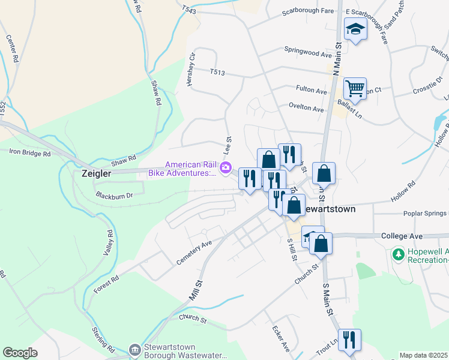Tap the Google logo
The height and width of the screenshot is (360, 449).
pos(20,353)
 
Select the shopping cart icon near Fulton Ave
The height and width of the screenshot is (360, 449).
pos(355,88)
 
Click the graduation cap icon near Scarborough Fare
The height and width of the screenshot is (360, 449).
pos(355,29)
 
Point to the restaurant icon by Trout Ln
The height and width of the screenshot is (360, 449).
pos(349,340)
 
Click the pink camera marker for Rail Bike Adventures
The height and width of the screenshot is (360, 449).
pos(226,168)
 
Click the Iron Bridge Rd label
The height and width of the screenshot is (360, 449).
pos(30,153)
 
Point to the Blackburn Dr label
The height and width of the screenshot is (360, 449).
pos(113,195)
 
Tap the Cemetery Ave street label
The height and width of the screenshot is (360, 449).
pos(194,253)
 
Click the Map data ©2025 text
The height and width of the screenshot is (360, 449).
pos(423,355)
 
